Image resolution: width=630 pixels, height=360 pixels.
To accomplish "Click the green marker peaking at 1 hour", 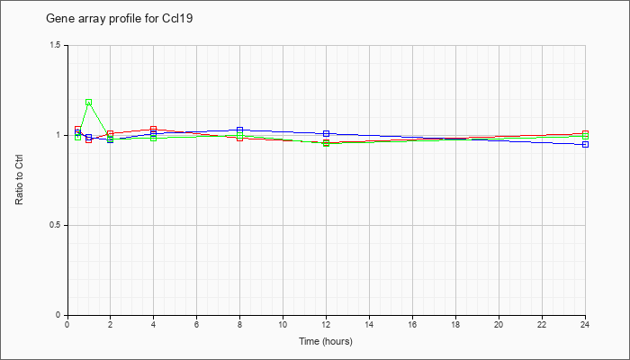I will tap(88, 103).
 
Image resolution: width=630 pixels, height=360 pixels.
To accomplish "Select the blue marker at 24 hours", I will tap(585, 144).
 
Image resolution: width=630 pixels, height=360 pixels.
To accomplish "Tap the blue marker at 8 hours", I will tap(239, 130).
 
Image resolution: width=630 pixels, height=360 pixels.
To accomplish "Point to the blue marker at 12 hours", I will tap(326, 133).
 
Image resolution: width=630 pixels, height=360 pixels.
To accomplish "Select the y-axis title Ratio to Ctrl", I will tap(20, 180).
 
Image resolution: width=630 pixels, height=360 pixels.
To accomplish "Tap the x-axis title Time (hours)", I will tap(326, 341).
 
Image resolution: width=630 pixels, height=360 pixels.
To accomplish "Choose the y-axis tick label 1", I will tap(59, 135).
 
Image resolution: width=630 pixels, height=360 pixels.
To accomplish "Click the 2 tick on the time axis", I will tap(110, 324).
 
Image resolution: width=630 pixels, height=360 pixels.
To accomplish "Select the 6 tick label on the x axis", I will tap(196, 324).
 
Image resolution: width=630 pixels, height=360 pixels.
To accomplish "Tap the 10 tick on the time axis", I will tap(283, 324).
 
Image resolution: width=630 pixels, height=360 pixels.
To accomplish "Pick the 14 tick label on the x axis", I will tap(369, 324).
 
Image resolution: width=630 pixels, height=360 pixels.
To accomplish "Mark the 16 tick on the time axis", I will tap(412, 324).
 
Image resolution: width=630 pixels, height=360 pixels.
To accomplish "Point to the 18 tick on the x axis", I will tap(455, 324).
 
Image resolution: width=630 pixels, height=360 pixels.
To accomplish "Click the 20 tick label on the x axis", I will tap(499, 324).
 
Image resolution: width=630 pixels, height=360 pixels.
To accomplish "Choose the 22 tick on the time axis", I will tap(542, 324).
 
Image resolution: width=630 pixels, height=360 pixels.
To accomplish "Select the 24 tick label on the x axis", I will tap(585, 324).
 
